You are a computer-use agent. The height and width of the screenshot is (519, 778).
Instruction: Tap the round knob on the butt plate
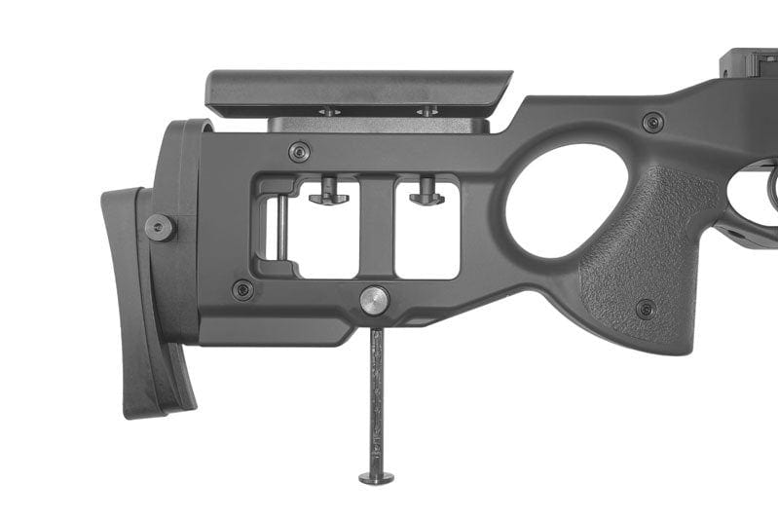point(160,228)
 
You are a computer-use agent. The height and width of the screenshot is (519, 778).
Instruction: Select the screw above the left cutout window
point(300,152)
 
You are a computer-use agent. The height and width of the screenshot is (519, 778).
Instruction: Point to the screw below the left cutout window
point(242,289)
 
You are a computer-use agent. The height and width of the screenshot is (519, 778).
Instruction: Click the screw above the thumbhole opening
point(652,122)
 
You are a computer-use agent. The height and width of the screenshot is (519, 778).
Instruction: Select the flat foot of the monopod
point(376,477)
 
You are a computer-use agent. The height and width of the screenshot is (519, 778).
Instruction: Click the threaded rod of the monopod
point(376,399)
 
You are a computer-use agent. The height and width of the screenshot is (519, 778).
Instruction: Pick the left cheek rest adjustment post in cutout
point(329,192)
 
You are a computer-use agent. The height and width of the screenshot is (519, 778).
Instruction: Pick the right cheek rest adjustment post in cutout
point(426,192)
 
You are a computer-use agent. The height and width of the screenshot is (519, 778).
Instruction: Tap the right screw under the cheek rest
point(426,112)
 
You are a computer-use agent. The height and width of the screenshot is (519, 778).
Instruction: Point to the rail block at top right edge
point(749,63)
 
